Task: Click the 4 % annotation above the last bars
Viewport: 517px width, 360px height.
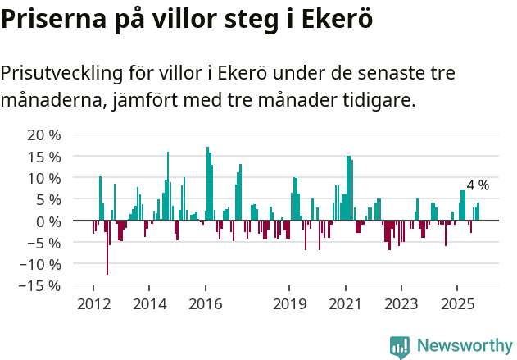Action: (x=478, y=185)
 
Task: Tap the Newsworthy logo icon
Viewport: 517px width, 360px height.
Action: (x=400, y=346)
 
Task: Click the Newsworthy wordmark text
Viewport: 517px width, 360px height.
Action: (x=464, y=346)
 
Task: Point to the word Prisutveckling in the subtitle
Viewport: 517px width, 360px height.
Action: (x=61, y=73)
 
